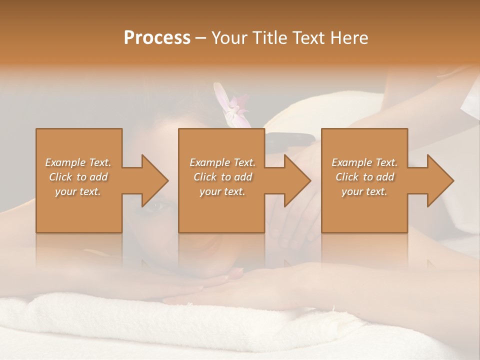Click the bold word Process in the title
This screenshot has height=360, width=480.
157,38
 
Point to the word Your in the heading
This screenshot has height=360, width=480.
230,38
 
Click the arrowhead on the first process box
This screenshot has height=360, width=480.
152,180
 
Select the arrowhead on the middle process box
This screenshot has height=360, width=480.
295,180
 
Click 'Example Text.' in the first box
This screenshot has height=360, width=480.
78,162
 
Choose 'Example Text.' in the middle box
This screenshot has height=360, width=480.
222,162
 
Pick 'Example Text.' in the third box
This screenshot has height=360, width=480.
364,162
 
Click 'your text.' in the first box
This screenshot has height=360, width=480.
78,191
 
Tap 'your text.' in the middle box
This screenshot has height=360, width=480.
222,191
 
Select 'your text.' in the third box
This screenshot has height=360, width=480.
364,191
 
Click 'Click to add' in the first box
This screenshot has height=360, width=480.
78,177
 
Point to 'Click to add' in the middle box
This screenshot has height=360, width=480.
222,177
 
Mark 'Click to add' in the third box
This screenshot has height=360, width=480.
364,177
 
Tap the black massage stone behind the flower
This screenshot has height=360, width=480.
290,140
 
